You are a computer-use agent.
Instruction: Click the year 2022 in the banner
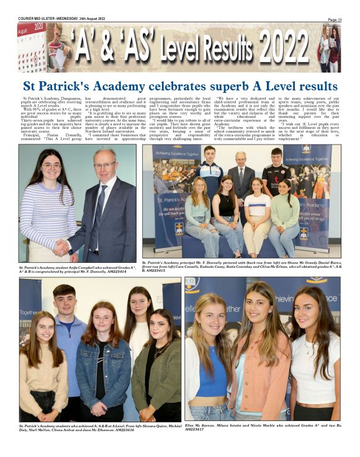(x=284, y=48)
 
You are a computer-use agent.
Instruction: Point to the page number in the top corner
(x=335, y=19)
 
